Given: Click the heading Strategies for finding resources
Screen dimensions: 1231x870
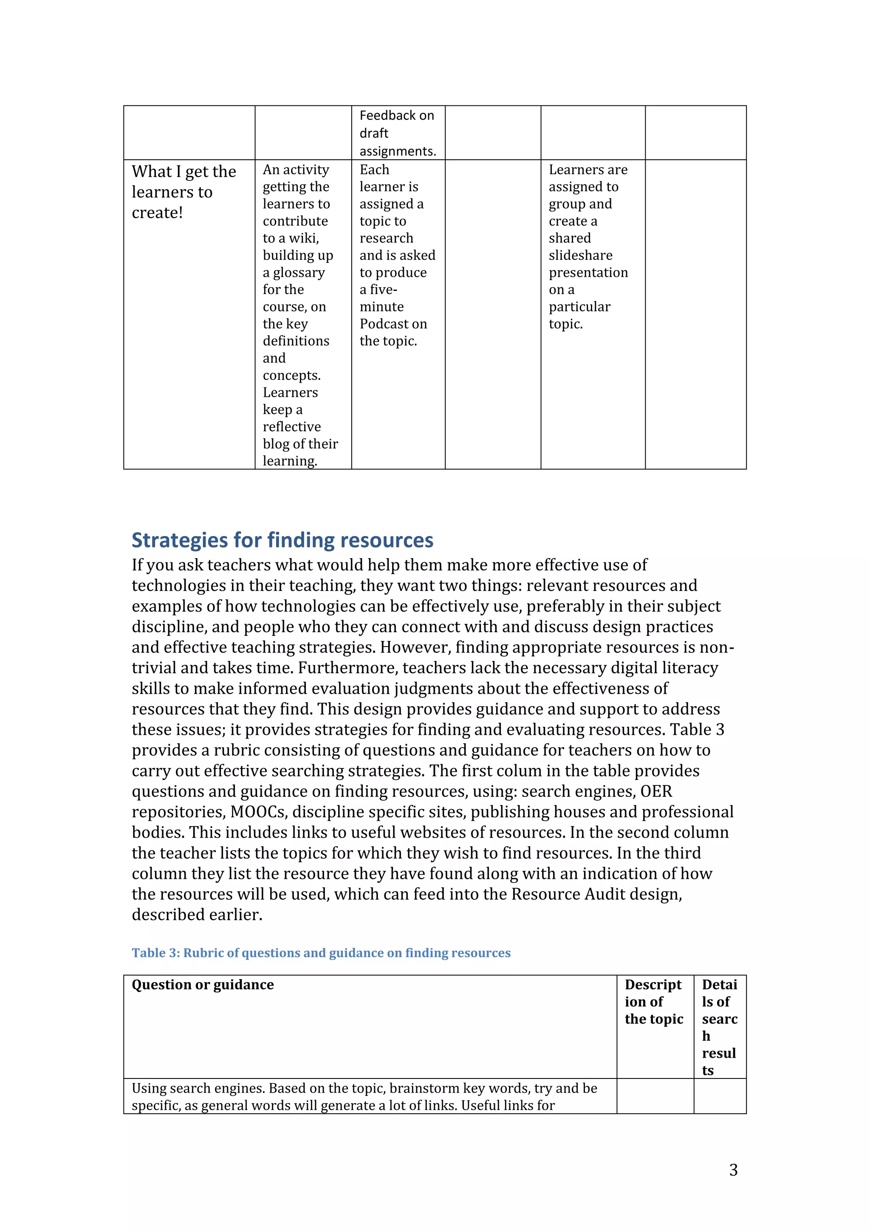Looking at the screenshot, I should [282, 540].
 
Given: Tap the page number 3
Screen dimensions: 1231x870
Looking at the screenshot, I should [733, 1169].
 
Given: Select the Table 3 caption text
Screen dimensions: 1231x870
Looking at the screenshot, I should [321, 953].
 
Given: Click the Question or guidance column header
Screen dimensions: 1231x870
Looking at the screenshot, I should [203, 985].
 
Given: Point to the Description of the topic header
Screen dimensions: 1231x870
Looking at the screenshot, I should [653, 1002].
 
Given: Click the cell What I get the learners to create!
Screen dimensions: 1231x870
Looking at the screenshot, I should [184, 192].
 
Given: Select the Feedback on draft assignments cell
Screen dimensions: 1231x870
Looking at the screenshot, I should [397, 133].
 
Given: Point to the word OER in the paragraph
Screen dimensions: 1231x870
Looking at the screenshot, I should [656, 791].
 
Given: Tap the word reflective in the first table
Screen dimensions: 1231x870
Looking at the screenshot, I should [291, 427].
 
